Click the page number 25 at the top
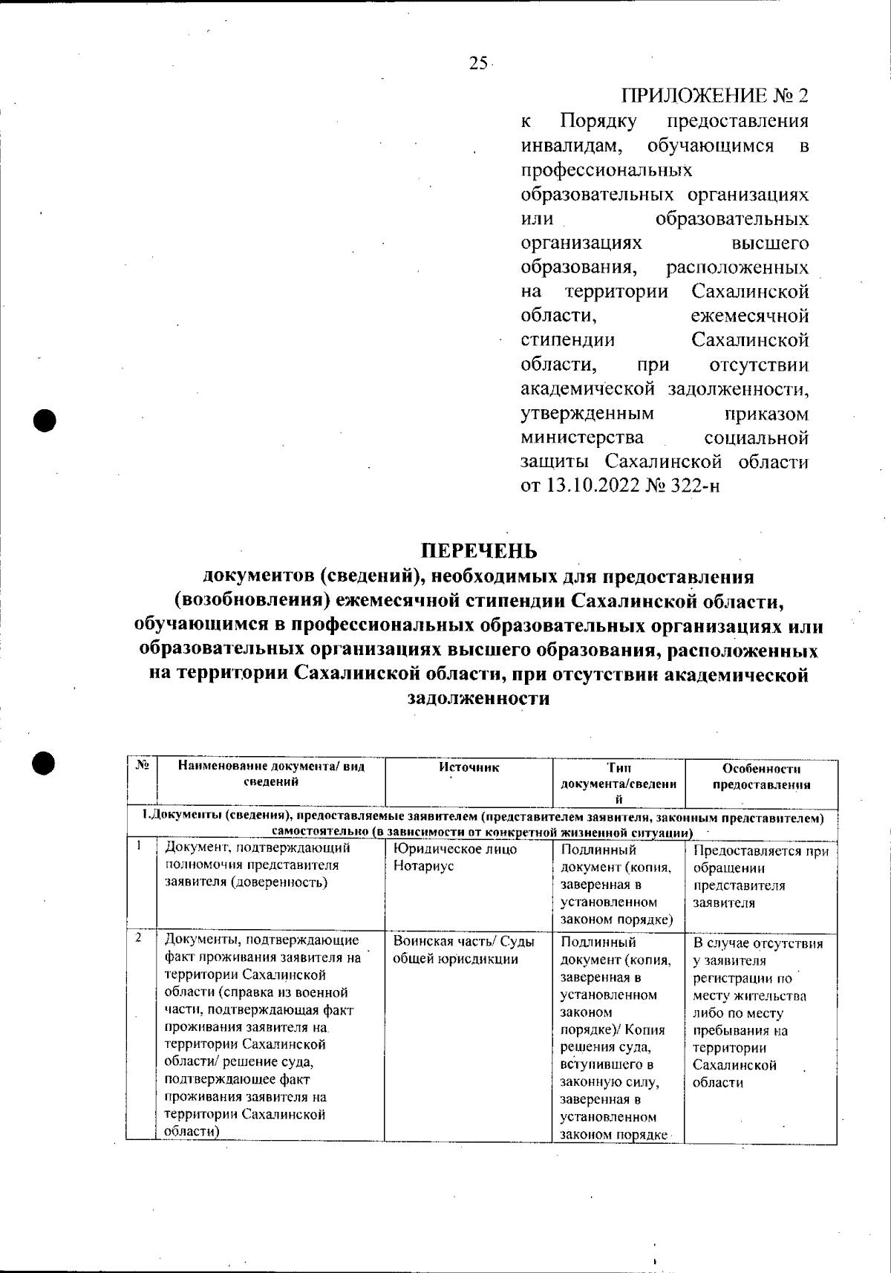tap(477, 63)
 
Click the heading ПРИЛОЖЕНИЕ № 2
tap(714, 97)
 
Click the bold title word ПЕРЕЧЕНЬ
tap(478, 551)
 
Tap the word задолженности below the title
tap(479, 698)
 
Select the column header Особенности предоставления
tap(761, 777)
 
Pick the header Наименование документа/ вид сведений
tap(271, 774)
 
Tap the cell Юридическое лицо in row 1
tap(454, 849)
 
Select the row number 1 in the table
tap(138, 844)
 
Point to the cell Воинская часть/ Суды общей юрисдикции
tap(463, 950)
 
